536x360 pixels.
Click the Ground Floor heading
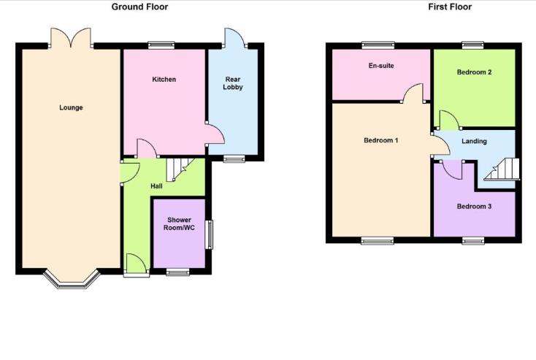click(139, 7)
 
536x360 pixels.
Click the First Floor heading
click(449, 7)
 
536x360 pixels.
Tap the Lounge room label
click(71, 108)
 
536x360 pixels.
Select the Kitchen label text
click(164, 80)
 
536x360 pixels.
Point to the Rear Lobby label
click(233, 83)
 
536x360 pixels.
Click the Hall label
click(156, 186)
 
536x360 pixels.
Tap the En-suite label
click(380, 66)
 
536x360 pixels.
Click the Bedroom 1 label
click(380, 140)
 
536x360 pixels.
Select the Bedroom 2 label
click(474, 72)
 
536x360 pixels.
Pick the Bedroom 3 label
click(474, 207)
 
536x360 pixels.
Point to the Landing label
click(474, 142)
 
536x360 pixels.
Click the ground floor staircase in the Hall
click(180, 170)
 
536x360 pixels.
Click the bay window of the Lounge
click(71, 279)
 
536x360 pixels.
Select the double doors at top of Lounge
click(71, 38)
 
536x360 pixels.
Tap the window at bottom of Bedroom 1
click(378, 240)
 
